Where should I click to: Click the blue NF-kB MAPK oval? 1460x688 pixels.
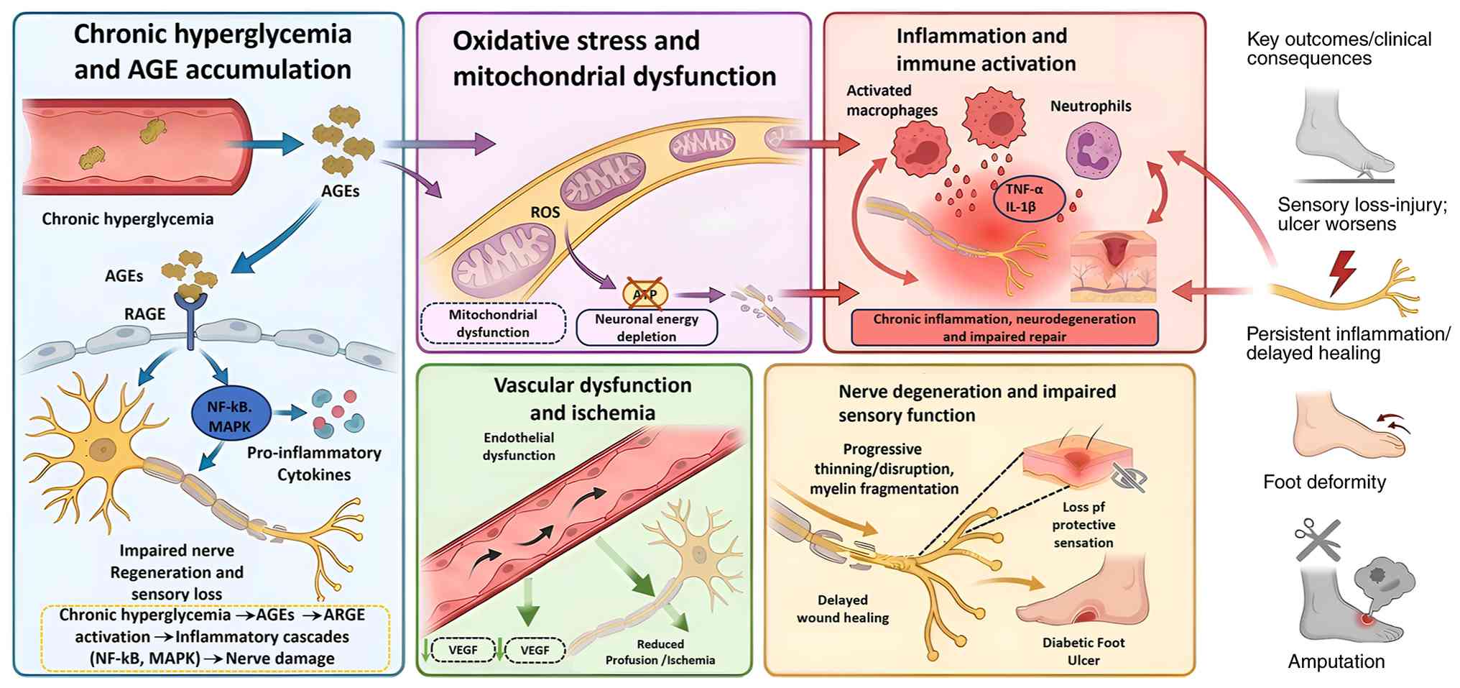pos(230,416)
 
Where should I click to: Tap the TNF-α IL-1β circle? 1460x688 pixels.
pos(1025,198)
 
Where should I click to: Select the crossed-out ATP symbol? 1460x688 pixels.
pos(645,293)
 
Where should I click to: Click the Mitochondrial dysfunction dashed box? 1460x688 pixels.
pos(493,324)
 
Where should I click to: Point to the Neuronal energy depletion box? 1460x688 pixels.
pos(647,328)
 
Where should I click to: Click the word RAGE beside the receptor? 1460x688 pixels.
pos(144,314)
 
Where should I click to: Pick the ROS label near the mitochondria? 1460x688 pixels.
pos(545,213)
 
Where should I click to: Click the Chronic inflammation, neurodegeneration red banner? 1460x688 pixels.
pos(1004,328)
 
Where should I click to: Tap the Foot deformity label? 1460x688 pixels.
pos(1324,482)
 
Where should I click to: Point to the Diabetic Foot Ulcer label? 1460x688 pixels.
pos(1083,651)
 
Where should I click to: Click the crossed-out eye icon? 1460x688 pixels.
pos(1129,477)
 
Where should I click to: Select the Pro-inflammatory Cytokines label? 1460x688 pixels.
pos(314,464)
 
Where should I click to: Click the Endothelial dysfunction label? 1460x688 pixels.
pos(519,446)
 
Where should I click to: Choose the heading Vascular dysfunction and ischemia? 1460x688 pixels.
pos(593,399)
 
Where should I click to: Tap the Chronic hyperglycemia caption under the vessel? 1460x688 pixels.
pos(127,219)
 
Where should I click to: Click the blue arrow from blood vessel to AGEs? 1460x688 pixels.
pos(266,144)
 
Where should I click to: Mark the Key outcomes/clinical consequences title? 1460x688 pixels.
pos(1339,49)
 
